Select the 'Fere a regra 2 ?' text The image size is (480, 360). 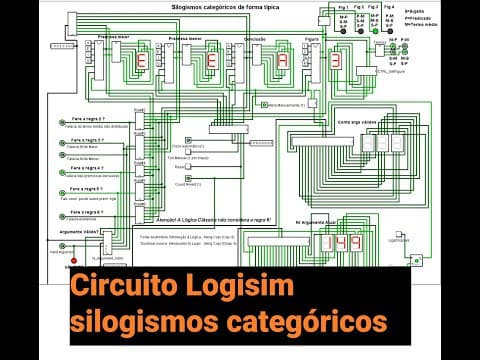pyautogui.click(x=89, y=118)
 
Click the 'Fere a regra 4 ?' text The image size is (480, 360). pyautogui.click(x=89, y=164)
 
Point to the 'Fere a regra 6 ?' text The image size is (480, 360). pyautogui.click(x=89, y=209)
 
